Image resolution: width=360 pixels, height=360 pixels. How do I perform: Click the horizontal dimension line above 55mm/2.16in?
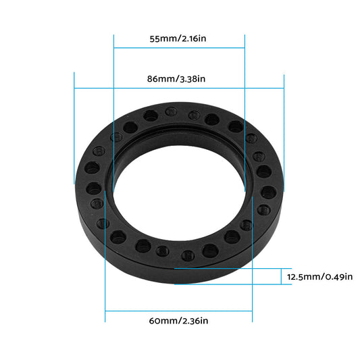(x=179, y=48)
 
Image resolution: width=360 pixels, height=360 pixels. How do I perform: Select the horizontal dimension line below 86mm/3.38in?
(x=179, y=88)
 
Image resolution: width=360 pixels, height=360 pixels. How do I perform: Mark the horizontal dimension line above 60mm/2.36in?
(x=179, y=311)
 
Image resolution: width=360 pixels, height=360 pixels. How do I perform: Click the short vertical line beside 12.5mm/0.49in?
(x=281, y=276)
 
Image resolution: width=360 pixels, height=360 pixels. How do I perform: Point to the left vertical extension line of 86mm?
(x=74, y=128)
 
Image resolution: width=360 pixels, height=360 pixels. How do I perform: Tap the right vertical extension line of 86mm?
(x=284, y=128)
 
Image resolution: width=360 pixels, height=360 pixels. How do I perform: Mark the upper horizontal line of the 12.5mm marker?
(x=230, y=269)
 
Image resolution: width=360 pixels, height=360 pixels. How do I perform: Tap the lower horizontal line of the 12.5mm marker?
(x=230, y=284)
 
